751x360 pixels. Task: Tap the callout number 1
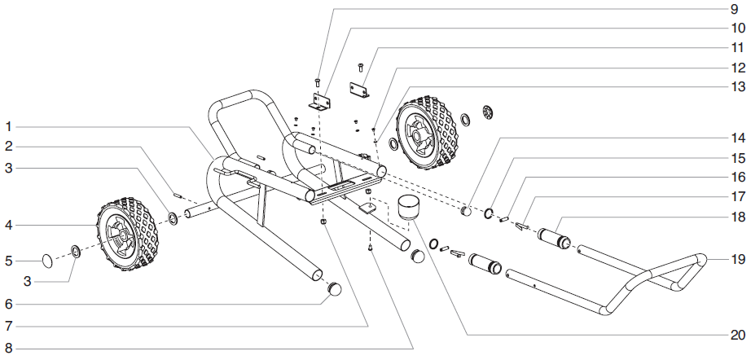point(8,126)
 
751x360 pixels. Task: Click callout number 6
point(8,305)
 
